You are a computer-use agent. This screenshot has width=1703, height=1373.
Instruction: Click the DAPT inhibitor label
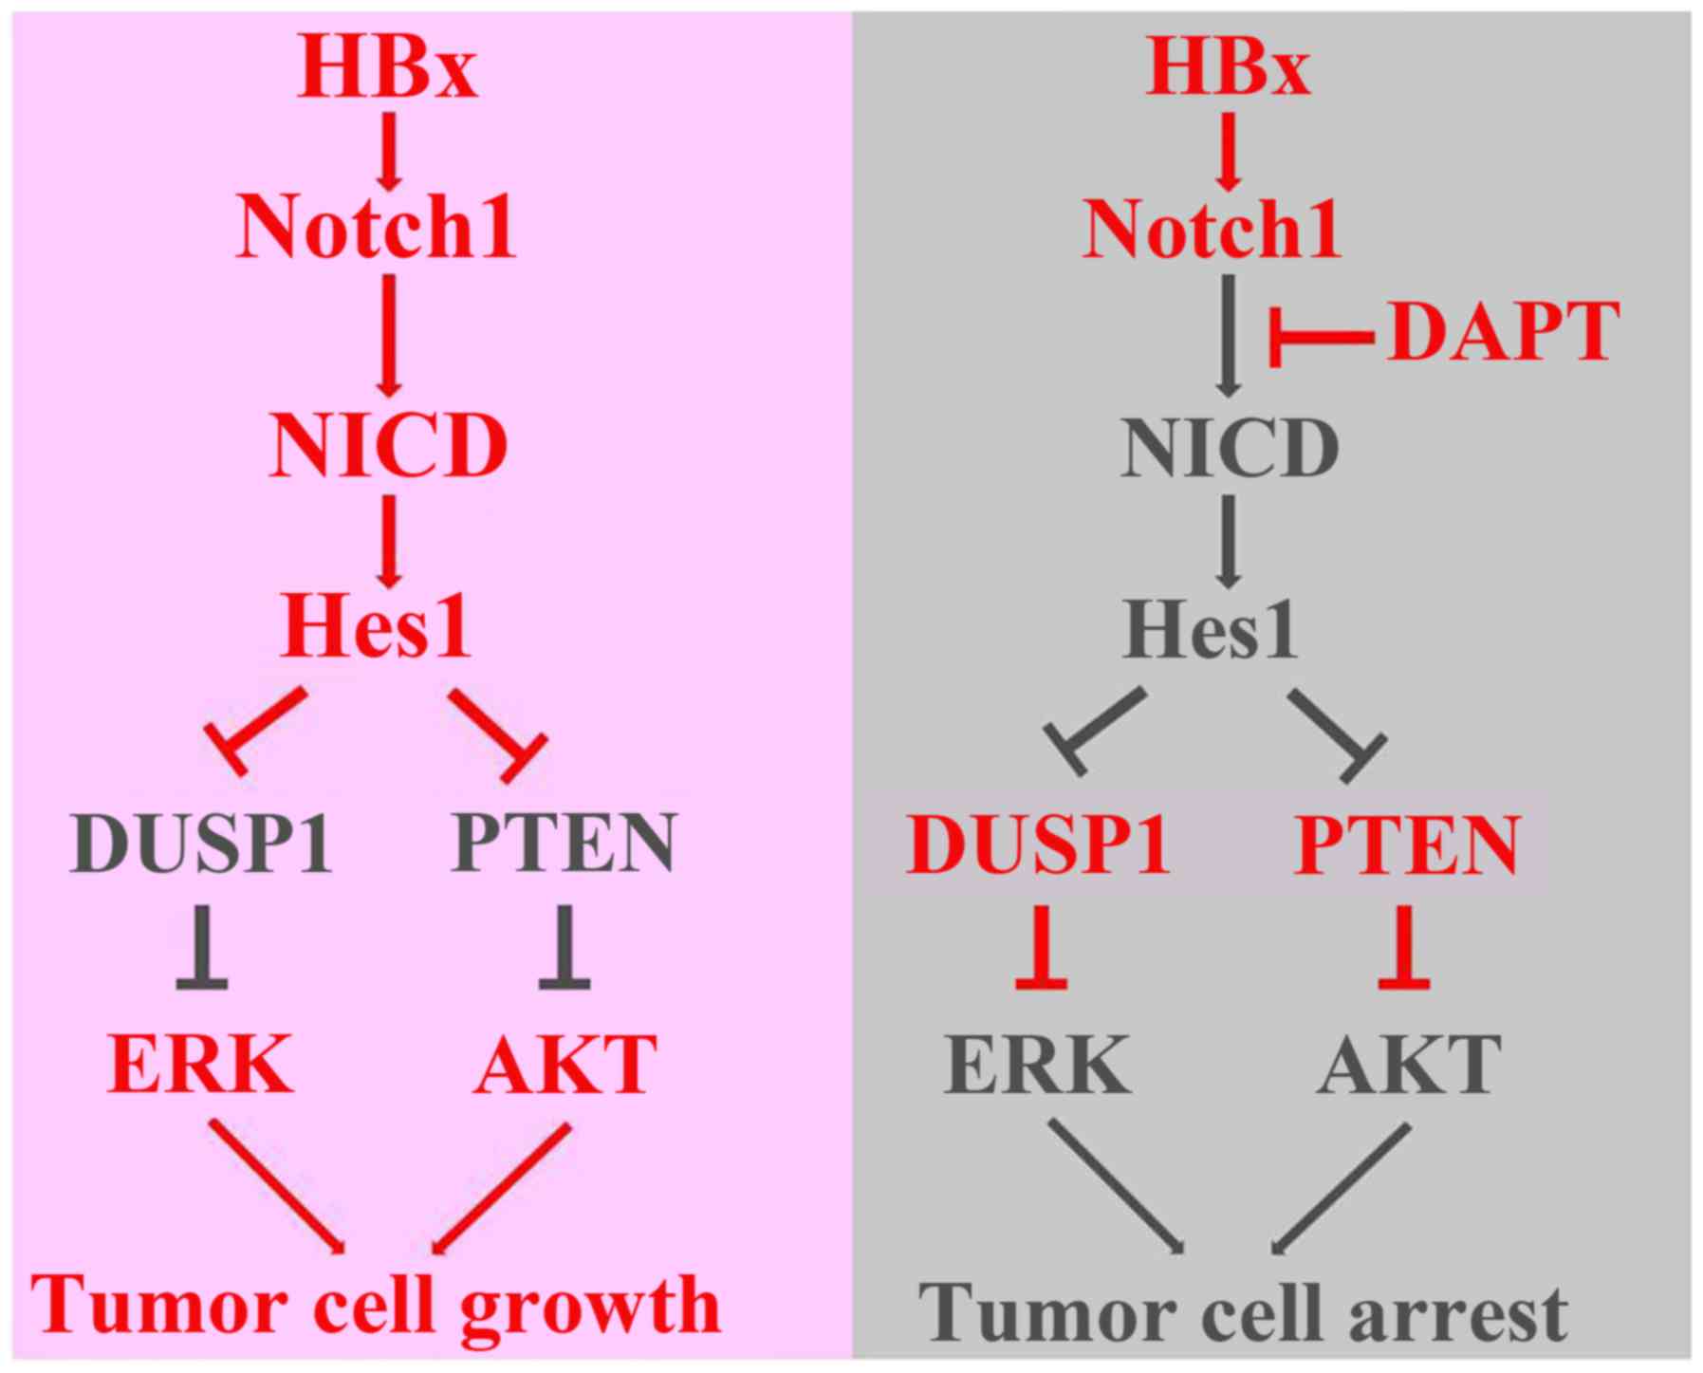point(1502,333)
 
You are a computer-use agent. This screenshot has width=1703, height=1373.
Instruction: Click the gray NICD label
point(1230,448)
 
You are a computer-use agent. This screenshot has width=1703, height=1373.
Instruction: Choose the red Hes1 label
point(376,627)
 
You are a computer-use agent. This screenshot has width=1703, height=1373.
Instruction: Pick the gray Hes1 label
point(1210,629)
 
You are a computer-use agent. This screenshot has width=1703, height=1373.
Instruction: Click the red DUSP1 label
point(1038,844)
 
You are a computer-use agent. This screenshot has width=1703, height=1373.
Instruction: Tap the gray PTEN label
point(564,843)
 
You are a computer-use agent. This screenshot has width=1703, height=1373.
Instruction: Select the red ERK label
point(200,1064)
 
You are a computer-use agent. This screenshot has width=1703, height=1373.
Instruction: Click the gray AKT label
point(1409,1064)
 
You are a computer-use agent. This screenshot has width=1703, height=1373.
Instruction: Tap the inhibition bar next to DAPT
point(1319,336)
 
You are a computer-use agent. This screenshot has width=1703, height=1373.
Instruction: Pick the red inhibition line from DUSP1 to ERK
point(1041,948)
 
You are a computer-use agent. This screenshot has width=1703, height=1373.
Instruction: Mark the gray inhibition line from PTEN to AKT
point(565,948)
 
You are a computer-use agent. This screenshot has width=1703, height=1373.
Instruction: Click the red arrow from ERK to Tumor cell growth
point(276,1186)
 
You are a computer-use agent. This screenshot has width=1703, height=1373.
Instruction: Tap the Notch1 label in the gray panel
point(1212,229)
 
